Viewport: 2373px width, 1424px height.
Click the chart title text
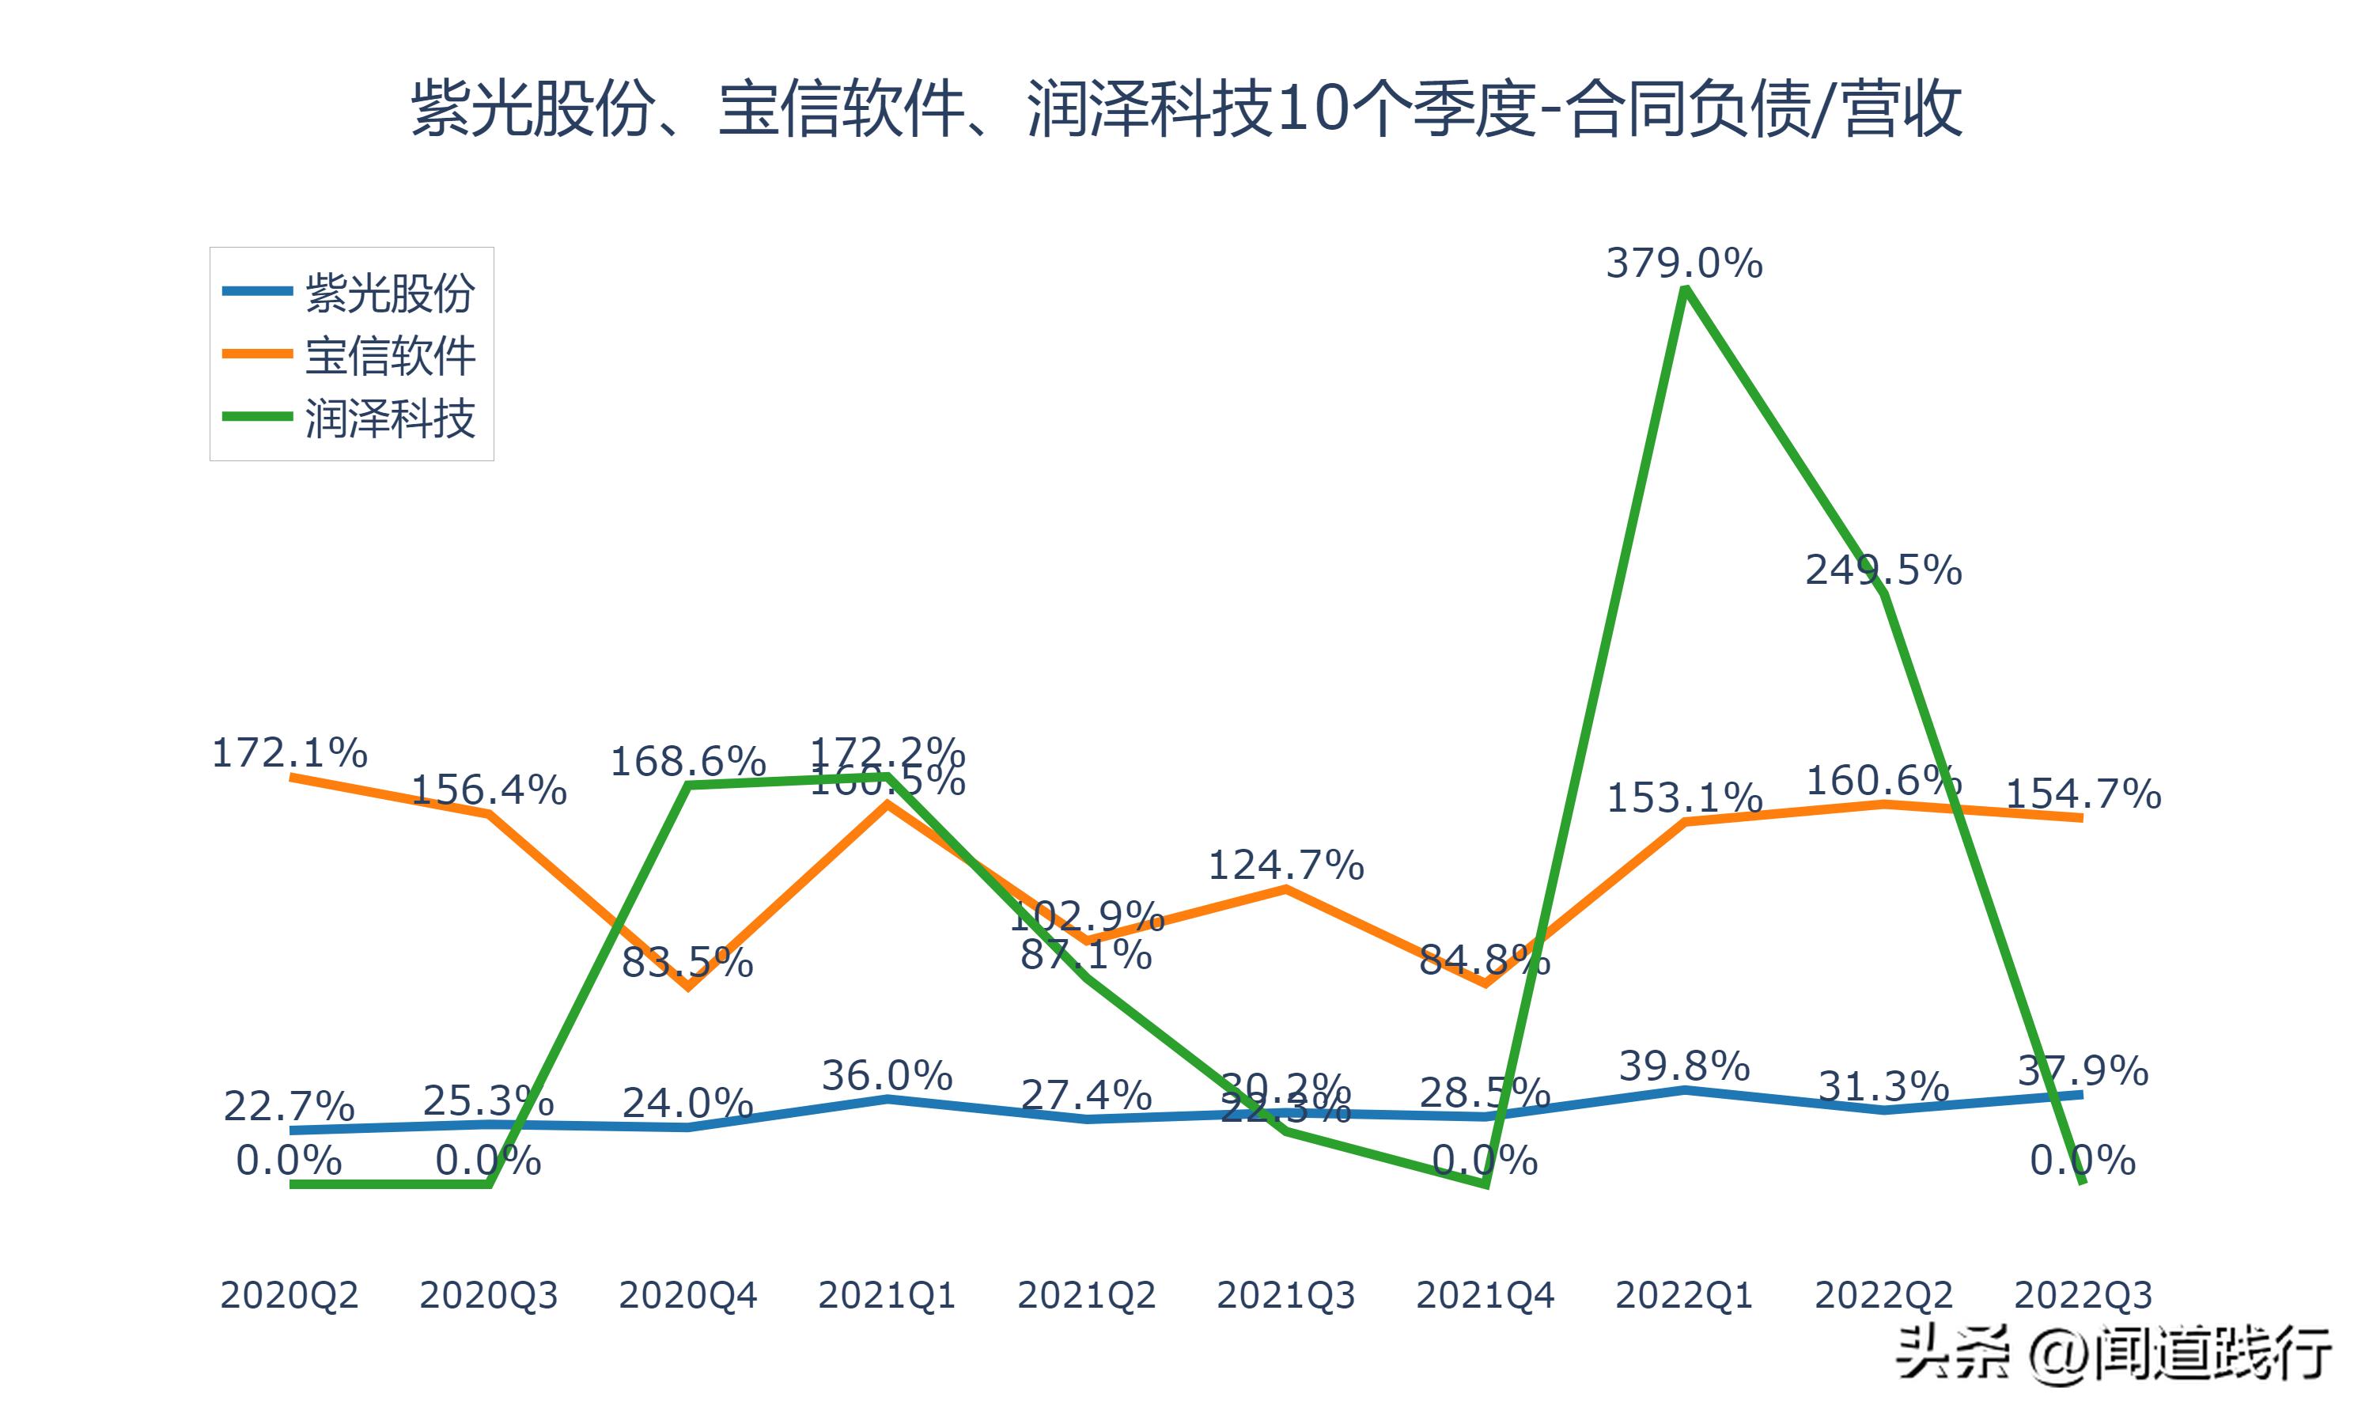(1186, 108)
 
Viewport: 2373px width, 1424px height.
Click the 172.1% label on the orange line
(289, 753)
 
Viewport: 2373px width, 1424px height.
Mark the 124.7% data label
(1285, 866)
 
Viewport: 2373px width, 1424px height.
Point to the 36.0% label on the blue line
(888, 1076)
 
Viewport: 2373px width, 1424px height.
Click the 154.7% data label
(2083, 794)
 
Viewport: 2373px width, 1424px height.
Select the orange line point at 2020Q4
(687, 986)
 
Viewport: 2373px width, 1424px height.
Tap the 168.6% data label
(687, 763)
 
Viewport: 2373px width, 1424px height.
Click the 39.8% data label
(1684, 1066)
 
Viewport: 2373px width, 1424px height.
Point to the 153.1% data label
(1684, 798)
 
